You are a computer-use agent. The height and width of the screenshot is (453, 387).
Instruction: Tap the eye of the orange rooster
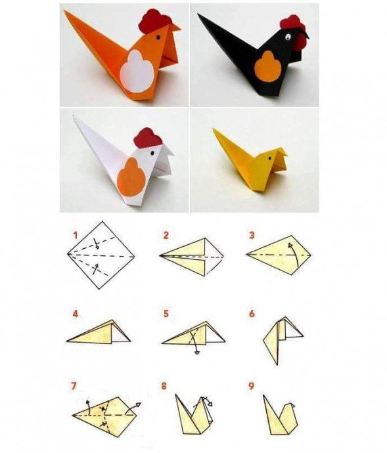pyautogui.click(x=158, y=37)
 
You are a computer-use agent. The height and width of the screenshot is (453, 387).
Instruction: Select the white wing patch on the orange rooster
pyautogui.click(x=137, y=71)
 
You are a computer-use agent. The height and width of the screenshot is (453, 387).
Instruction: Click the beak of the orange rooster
pyautogui.click(x=174, y=28)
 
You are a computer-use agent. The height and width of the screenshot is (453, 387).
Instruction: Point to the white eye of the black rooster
pyautogui.click(x=288, y=37)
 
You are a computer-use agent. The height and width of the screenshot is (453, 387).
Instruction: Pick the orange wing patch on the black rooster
pyautogui.click(x=268, y=66)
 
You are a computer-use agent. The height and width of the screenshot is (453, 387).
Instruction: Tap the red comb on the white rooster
pyautogui.click(x=148, y=137)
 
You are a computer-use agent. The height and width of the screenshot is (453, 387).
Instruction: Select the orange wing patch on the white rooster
pyautogui.click(x=131, y=177)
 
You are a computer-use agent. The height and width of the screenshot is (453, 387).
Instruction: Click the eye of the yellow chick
pyautogui.click(x=269, y=158)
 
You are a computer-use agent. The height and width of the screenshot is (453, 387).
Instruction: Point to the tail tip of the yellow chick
pyautogui.click(x=214, y=129)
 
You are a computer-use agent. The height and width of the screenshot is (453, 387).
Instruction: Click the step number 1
pyautogui.click(x=76, y=236)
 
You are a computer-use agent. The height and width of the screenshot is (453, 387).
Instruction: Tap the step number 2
pyautogui.click(x=166, y=236)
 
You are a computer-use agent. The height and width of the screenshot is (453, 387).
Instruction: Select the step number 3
pyautogui.click(x=252, y=236)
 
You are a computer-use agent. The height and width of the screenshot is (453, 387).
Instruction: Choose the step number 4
pyautogui.click(x=76, y=314)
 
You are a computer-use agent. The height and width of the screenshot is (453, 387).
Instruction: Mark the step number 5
pyautogui.click(x=166, y=314)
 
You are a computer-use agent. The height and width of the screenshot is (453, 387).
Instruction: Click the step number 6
pyautogui.click(x=252, y=314)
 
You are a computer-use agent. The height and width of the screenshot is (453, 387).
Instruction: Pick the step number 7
pyautogui.click(x=74, y=386)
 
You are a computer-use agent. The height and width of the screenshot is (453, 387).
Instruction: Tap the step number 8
pyautogui.click(x=164, y=386)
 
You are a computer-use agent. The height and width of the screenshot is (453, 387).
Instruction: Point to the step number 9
pyautogui.click(x=251, y=386)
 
